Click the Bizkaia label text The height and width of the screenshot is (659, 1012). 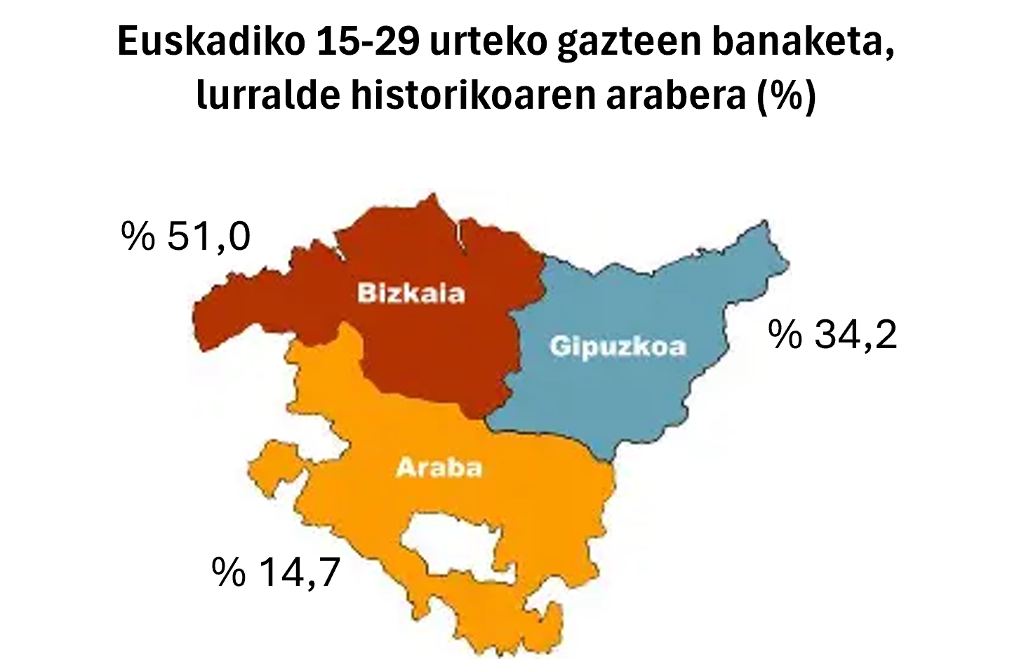pos(411,293)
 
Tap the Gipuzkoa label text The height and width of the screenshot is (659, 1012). pos(618,347)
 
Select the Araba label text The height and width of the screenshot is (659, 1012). pos(439,467)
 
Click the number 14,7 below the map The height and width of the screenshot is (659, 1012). pos(300,572)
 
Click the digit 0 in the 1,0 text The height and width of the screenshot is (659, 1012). pos(239,237)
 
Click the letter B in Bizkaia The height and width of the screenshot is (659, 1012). pos(366,293)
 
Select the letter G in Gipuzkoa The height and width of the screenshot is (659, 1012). pos(560,347)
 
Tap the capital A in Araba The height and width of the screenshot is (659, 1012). pos(406,467)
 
